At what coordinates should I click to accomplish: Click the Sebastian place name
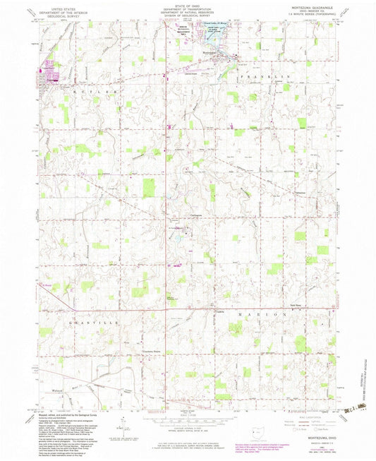coord(301,191)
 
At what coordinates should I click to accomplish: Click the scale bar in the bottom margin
coord(186,418)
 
